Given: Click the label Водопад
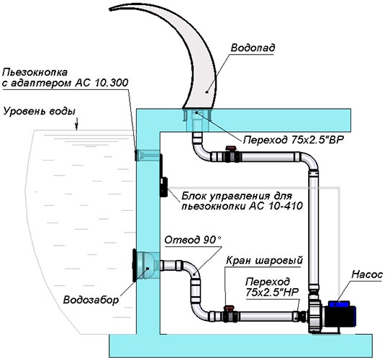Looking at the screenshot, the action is coord(253,48).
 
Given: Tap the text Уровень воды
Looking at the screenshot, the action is coord(39,112).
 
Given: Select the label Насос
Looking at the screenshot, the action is coord(367,274).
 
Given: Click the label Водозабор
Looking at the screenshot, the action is coord(91,300).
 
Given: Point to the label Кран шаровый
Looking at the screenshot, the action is coord(264,261).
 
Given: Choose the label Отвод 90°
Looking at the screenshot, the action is coord(193,240).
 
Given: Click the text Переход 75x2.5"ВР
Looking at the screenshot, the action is coord(294,140).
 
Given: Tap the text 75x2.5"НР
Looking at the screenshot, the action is coord(272,292).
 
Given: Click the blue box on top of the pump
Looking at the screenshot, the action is coord(339,305).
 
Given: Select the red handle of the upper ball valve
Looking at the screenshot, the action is coord(231,148).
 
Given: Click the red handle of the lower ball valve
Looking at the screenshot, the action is coord(229,308).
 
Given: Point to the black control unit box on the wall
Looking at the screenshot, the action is coord(163,186).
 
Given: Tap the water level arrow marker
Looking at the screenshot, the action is coord(76,124).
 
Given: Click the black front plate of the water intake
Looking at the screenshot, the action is coord(135,265).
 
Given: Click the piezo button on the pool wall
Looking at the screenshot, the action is coord(136,156).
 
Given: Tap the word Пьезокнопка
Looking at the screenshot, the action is coord(35,73).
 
